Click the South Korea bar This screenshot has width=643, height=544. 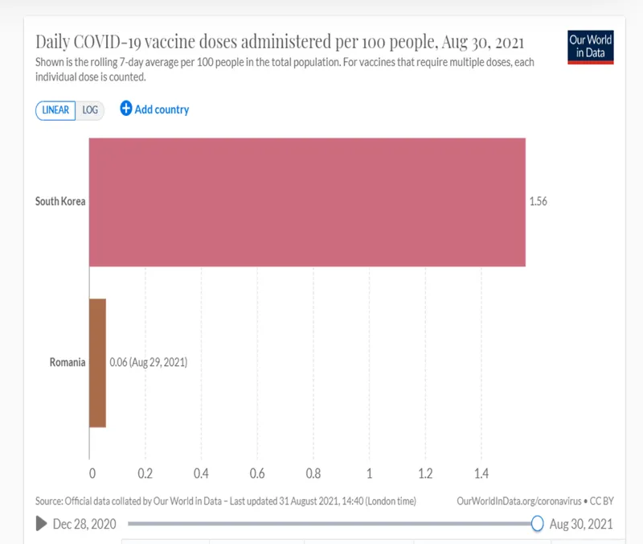[x=307, y=202]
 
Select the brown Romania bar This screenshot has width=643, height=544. [x=97, y=363]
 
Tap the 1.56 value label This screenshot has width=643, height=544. [x=539, y=202]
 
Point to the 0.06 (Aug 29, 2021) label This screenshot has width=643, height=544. [x=149, y=363]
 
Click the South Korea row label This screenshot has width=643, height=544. [x=60, y=201]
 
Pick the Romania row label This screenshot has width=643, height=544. [x=68, y=363]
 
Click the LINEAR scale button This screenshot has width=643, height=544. [x=55, y=110]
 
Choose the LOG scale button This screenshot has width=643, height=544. [x=90, y=110]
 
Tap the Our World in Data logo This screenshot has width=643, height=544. [x=591, y=47]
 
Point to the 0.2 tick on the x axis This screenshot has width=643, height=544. [x=145, y=473]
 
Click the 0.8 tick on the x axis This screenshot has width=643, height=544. [x=313, y=473]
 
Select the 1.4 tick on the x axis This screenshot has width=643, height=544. [x=481, y=473]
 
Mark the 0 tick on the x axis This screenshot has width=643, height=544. [x=92, y=473]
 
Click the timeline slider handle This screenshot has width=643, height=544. [x=537, y=524]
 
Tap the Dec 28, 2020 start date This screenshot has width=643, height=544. [x=84, y=525]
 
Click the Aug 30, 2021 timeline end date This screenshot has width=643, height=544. [x=581, y=525]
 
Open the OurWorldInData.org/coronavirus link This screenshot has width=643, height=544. [x=518, y=501]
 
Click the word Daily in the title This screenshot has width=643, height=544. [x=55, y=42]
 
